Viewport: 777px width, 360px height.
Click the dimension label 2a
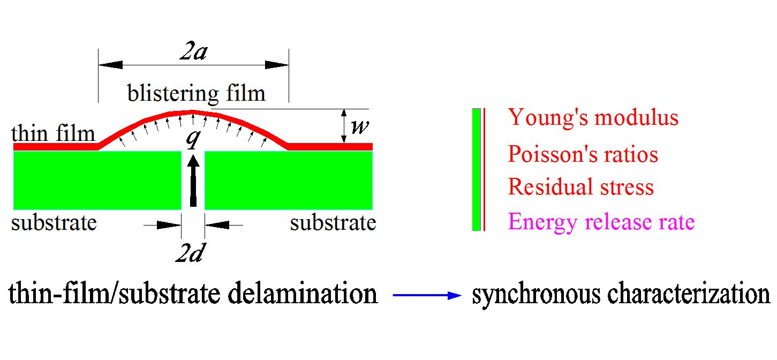point(193,54)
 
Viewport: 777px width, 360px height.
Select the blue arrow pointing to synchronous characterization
point(426,295)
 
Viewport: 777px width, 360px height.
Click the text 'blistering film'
point(196,94)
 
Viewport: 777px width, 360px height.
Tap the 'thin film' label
point(53,133)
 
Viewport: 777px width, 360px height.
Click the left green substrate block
point(97,180)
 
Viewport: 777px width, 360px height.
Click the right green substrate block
point(289,180)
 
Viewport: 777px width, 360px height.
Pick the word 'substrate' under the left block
point(54,222)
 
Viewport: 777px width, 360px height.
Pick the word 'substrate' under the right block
point(333,222)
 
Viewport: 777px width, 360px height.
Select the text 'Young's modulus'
point(593,117)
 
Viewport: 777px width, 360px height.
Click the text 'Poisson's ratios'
point(583,154)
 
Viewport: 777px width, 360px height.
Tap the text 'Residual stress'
point(580,187)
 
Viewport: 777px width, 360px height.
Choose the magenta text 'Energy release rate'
point(601,221)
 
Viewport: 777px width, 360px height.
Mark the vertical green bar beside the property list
point(476,169)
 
